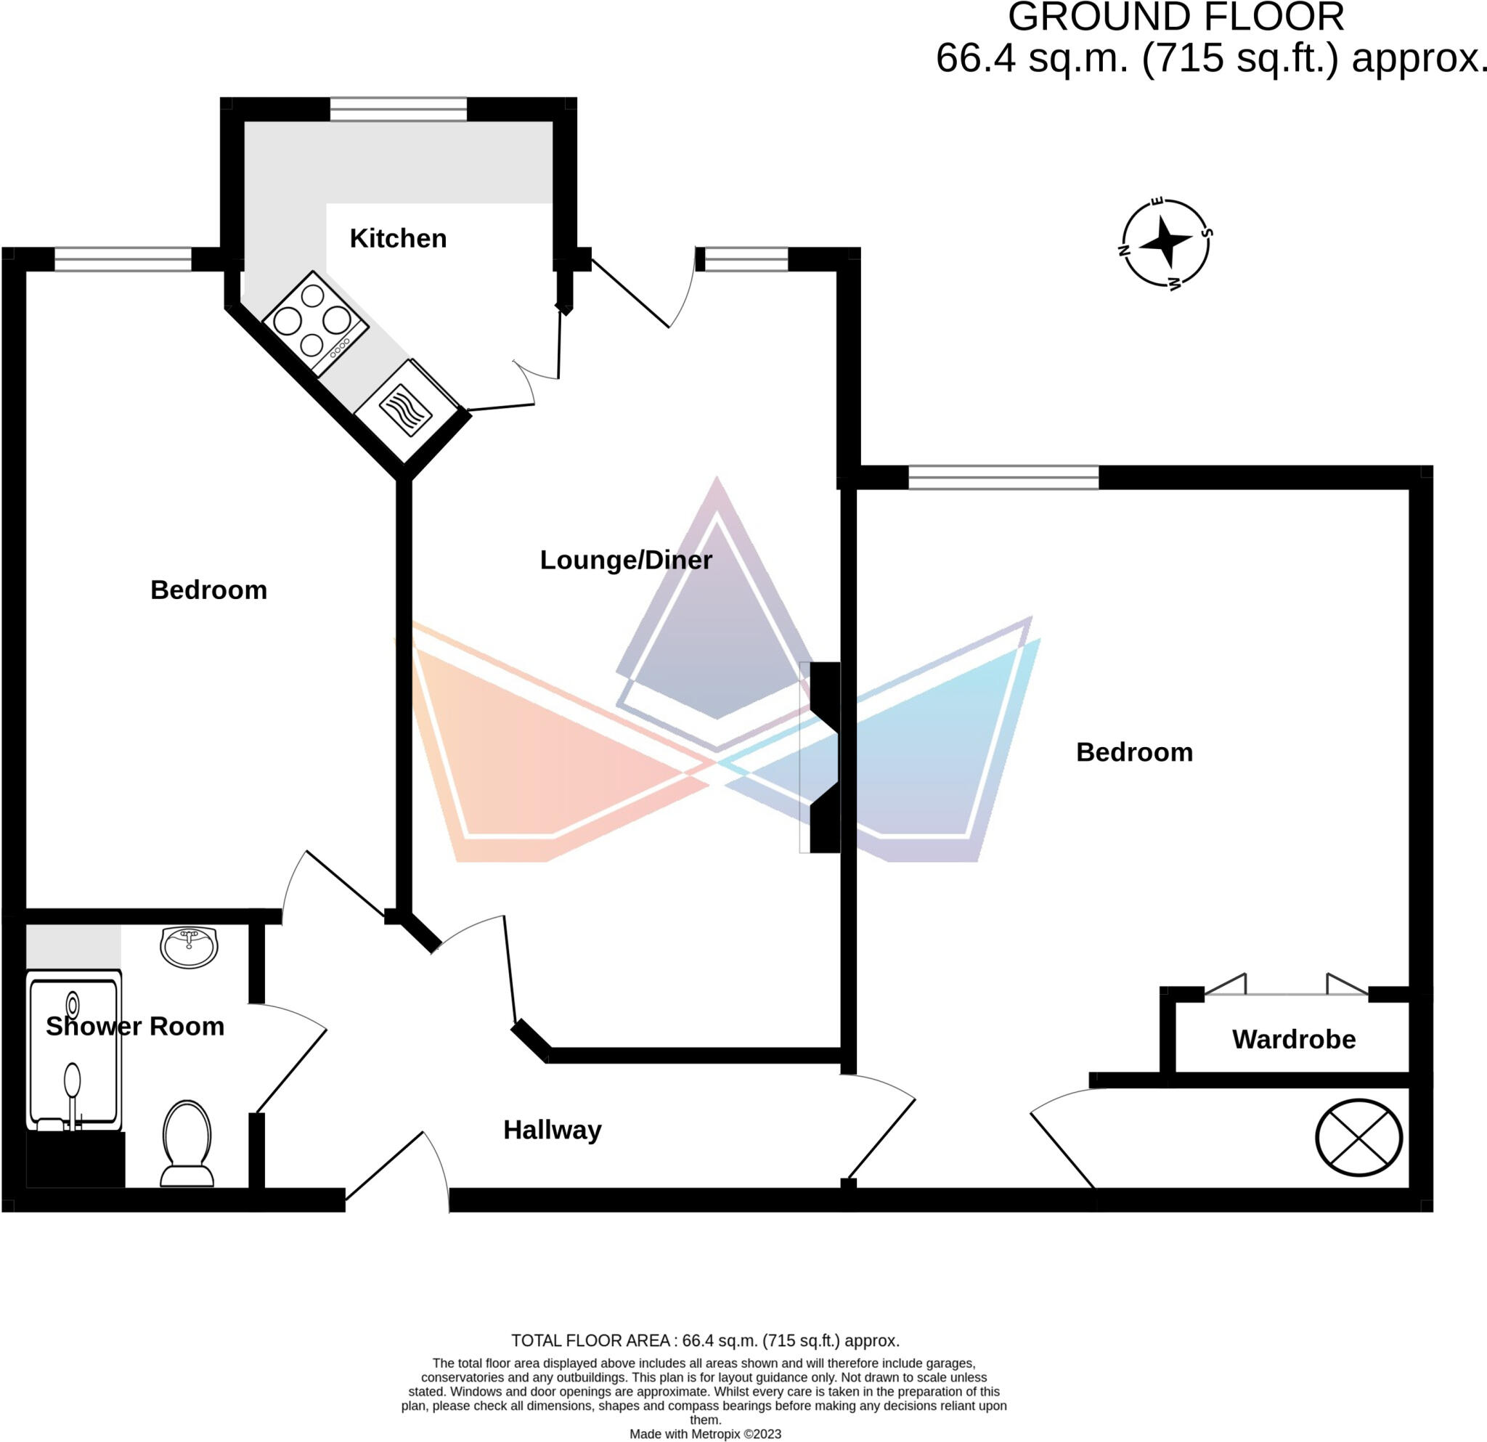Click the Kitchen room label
398,238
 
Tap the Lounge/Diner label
626,561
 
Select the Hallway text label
553,1131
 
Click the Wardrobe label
1294,1039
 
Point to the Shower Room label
135,1026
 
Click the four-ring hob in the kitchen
316,323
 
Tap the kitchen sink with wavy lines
407,410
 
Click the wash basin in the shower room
189,948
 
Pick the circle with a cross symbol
1358,1138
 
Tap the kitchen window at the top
399,109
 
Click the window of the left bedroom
123,259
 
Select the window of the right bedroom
1003,478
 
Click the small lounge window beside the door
746,259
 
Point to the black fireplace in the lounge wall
825,758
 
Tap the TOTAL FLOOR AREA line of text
705,1340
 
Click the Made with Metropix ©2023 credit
705,1434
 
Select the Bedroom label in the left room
208,590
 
